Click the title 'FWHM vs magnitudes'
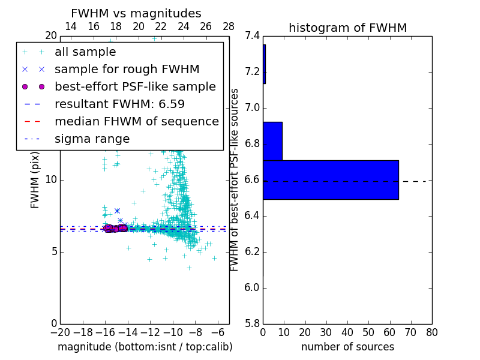click(136, 13)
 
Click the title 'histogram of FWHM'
click(347, 28)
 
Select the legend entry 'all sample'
click(85, 52)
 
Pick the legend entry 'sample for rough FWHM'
click(127, 70)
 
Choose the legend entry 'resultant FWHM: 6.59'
click(119, 104)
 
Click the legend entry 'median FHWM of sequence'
click(136, 121)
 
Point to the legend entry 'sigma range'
click(92, 139)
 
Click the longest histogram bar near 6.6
click(331, 179)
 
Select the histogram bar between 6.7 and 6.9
click(272, 141)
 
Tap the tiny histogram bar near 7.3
click(264, 64)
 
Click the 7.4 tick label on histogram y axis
click(253, 36)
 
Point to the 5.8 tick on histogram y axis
click(253, 323)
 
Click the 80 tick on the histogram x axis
click(431, 332)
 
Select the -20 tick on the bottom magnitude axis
click(60, 332)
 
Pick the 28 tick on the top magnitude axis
click(229, 26)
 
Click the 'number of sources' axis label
click(347, 347)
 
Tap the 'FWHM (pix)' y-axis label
click(35, 179)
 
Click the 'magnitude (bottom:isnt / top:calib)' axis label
click(145, 347)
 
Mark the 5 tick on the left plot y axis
click(53, 251)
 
